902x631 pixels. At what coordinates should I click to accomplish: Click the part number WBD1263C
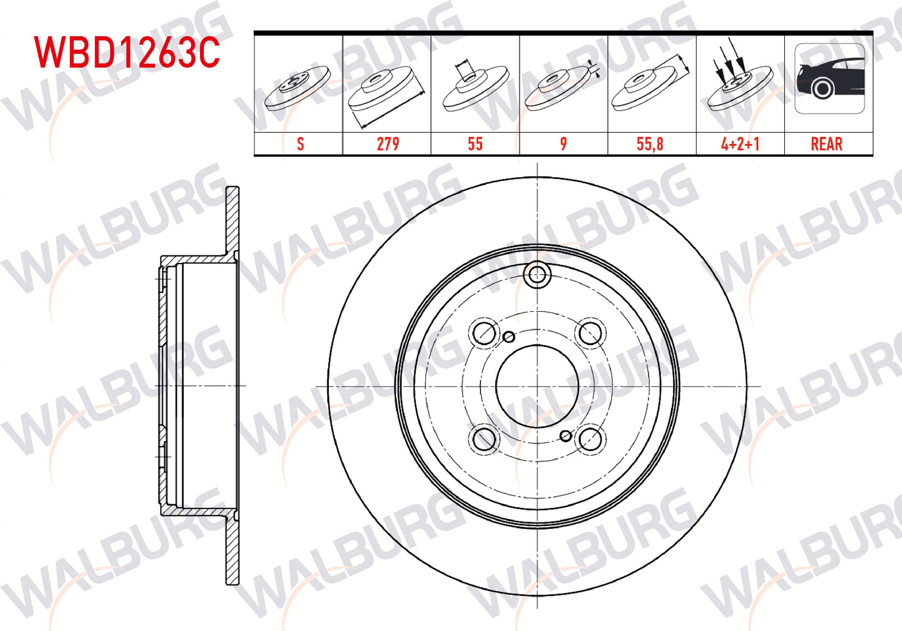127,52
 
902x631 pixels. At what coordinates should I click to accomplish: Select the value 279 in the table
388,144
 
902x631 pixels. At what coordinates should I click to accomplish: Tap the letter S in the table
300,144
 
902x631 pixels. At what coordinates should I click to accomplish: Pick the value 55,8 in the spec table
650,144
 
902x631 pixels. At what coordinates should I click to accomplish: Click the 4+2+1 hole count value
740,144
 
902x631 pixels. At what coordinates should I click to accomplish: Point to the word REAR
826,144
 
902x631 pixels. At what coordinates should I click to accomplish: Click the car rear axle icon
830,79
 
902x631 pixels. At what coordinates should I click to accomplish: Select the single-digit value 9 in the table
563,144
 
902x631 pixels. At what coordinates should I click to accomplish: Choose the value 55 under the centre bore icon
475,144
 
